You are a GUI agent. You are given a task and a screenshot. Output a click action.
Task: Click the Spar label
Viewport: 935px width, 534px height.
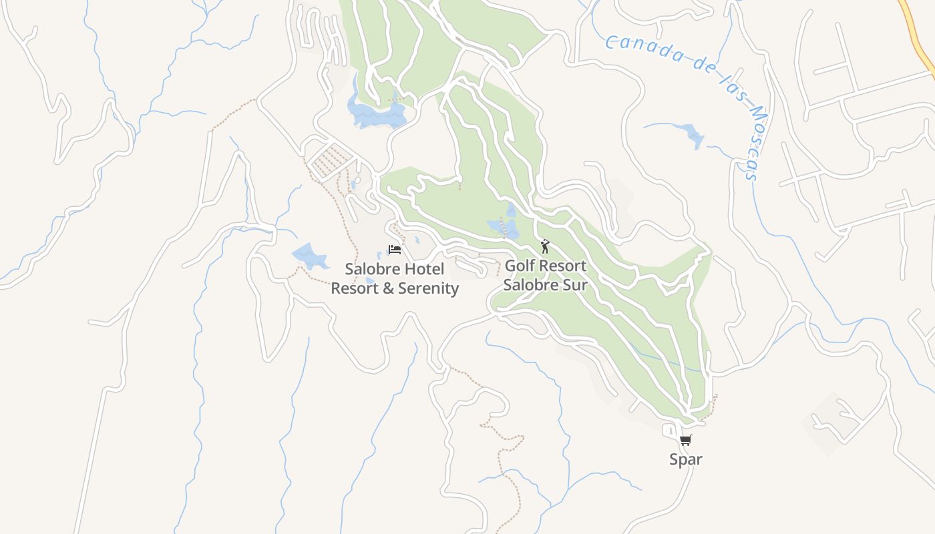click(x=686, y=459)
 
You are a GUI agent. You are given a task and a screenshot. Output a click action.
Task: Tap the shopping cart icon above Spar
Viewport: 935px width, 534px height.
click(x=686, y=440)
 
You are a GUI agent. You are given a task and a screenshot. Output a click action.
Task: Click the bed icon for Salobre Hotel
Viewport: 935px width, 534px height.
click(x=395, y=250)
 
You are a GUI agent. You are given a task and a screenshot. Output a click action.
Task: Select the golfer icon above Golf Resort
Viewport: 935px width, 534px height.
click(x=545, y=246)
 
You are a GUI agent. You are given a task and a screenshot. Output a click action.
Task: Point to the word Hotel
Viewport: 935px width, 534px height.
click(x=424, y=270)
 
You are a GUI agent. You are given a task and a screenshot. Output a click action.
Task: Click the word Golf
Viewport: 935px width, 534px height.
click(x=518, y=266)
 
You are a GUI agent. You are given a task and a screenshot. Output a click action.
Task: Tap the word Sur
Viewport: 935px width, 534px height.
click(x=575, y=285)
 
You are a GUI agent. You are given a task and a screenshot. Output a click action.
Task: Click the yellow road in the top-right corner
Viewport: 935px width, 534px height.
click(x=918, y=33)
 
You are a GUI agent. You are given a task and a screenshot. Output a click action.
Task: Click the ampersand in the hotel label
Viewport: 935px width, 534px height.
click(x=389, y=288)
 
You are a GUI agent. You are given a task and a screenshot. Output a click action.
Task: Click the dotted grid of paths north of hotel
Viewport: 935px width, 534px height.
click(x=331, y=161)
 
